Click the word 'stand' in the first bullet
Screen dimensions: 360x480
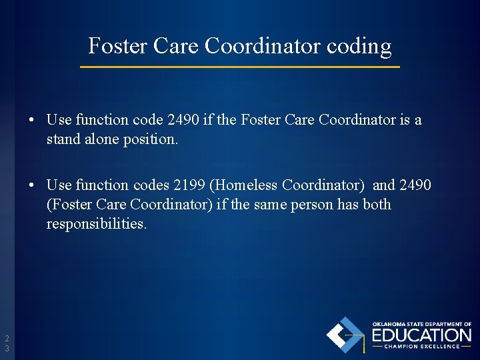[x=62, y=140]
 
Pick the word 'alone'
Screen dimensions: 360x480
[x=99, y=140]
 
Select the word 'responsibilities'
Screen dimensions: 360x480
[x=96, y=224]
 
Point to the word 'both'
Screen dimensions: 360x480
[x=377, y=204]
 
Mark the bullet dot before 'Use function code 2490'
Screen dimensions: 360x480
[x=32, y=121]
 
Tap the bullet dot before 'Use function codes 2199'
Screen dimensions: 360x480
[x=32, y=185]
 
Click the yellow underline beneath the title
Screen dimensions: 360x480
[x=240, y=67]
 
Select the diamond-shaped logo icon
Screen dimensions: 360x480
[x=345, y=335]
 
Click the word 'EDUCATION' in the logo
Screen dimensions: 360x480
[x=421, y=335]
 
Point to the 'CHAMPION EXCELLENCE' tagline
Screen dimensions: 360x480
[x=421, y=347]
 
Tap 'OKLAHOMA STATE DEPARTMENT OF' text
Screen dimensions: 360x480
[x=421, y=324]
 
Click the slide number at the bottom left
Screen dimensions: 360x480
[x=7, y=343]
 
